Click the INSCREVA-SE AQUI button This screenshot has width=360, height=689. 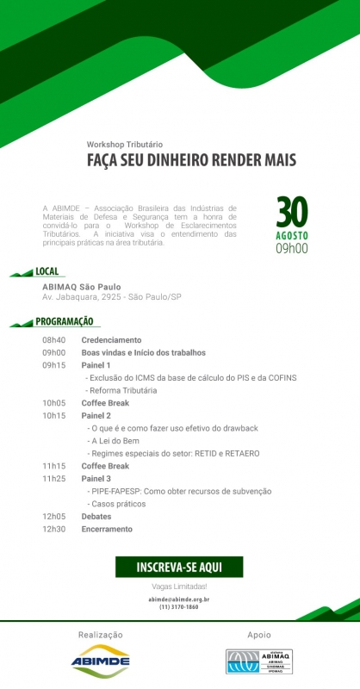tap(179, 567)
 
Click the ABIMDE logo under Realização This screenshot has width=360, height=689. tap(101, 660)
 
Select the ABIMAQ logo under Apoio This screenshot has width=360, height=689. tap(258, 661)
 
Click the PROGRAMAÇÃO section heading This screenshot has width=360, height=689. tap(65, 321)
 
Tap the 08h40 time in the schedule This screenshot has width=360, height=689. tap(53, 340)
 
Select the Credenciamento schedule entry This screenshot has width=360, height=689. tap(111, 340)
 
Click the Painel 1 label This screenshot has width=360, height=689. tap(96, 365)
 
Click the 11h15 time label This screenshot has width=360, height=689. tap(53, 466)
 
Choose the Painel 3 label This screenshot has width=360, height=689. tap(96, 479)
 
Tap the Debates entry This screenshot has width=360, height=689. tap(97, 517)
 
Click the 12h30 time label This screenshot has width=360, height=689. tap(53, 529)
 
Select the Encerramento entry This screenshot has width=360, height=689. tap(108, 529)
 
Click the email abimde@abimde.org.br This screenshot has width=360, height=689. tap(179, 599)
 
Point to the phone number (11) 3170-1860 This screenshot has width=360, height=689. tap(179, 607)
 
